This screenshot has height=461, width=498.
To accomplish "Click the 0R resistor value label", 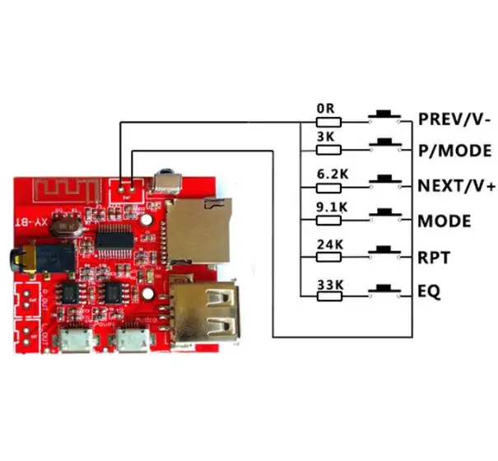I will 323,109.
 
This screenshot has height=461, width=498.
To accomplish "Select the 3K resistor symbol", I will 329,149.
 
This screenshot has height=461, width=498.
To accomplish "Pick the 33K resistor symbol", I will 329,291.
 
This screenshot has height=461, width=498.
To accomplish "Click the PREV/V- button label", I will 454,118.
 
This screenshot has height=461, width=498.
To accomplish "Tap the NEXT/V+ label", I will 457,186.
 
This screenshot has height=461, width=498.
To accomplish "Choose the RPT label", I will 434,258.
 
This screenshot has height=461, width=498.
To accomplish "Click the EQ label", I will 429,291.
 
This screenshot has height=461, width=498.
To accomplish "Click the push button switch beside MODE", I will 383,215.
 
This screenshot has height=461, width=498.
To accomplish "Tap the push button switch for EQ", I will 383,289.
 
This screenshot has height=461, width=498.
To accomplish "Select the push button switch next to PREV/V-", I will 383,117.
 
